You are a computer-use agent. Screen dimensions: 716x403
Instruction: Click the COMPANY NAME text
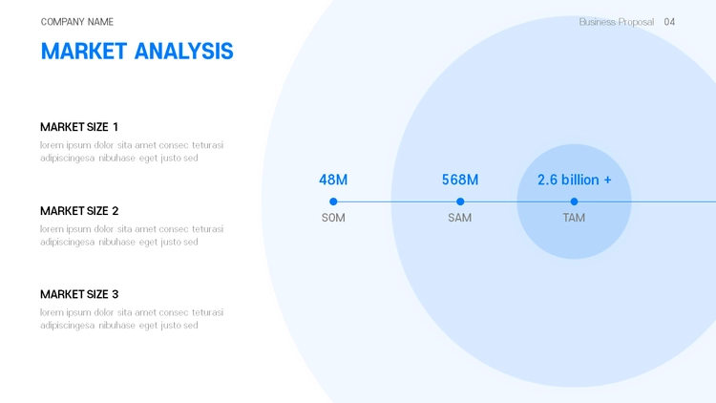(x=77, y=22)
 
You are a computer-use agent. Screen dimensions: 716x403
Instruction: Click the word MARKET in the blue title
(x=84, y=52)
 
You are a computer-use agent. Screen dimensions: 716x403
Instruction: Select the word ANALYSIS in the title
(x=184, y=52)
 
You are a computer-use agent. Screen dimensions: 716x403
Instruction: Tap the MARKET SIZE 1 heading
(x=79, y=127)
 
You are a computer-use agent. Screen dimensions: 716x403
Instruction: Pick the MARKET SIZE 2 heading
(x=79, y=211)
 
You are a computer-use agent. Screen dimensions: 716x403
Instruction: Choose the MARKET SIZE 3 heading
(x=79, y=294)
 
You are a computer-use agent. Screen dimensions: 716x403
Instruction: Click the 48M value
(x=333, y=180)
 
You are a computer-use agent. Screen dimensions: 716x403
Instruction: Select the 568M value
(x=460, y=180)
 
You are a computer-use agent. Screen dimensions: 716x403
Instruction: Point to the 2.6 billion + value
(x=575, y=180)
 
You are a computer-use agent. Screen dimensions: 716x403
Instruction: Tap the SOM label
(x=333, y=218)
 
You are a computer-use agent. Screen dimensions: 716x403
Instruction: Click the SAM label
(x=460, y=218)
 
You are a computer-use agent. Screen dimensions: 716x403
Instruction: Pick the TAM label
(x=574, y=218)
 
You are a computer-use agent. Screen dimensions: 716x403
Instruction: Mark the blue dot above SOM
(x=333, y=201)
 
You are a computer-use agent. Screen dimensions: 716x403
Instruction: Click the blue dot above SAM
(x=460, y=201)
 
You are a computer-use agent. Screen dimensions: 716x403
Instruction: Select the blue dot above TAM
(x=574, y=201)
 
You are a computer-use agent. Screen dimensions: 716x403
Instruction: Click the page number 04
(x=669, y=22)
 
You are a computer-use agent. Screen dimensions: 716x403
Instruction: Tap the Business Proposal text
(x=617, y=22)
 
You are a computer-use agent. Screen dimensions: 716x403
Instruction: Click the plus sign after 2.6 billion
(x=608, y=180)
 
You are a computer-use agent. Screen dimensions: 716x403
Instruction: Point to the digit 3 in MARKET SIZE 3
(x=116, y=294)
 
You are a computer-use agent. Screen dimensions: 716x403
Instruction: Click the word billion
(x=580, y=180)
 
